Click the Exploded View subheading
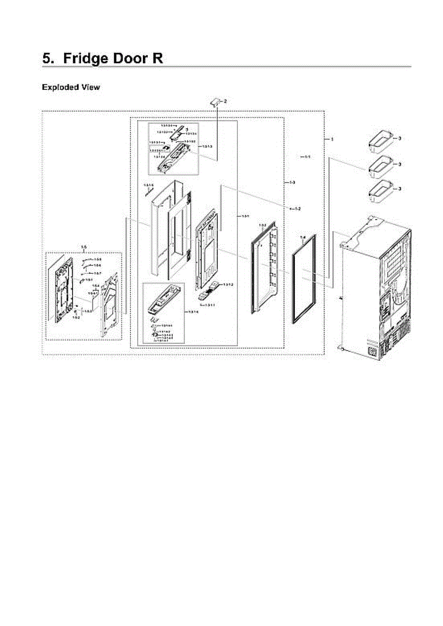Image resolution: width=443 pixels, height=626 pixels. [x=70, y=87]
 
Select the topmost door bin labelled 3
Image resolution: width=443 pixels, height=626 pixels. [x=380, y=142]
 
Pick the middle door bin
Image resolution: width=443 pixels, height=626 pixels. [x=380, y=167]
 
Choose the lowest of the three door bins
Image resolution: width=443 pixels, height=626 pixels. [x=380, y=191]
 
